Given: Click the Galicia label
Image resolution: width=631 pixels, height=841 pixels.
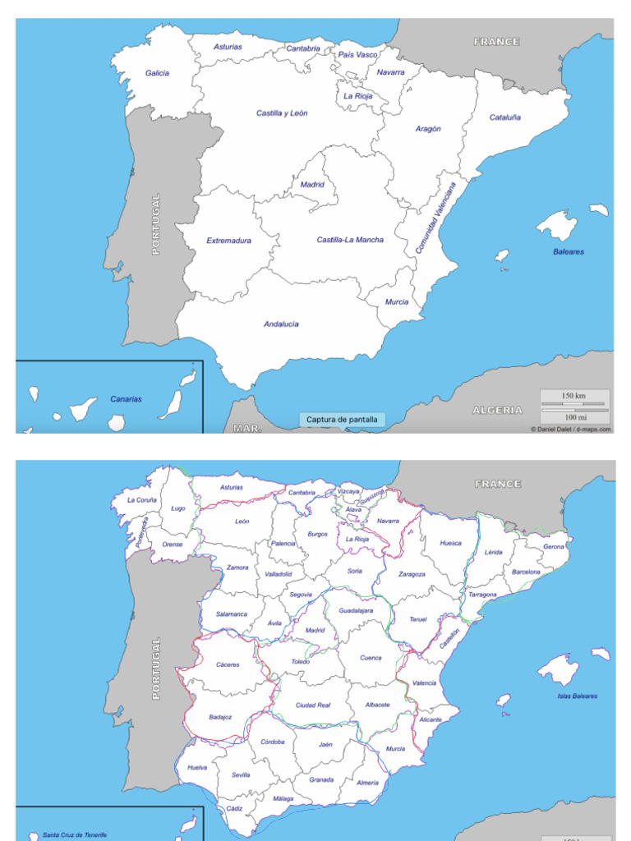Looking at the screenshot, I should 157,73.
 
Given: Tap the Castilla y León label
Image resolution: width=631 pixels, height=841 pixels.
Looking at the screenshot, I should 282,113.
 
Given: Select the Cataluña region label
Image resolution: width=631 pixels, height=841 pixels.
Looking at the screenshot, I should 505,117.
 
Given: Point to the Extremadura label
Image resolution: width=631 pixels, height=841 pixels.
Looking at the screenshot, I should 228,241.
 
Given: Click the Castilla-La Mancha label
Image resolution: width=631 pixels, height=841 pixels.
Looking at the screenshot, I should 350,240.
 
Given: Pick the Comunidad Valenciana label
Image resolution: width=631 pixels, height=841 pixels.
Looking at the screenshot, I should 435,218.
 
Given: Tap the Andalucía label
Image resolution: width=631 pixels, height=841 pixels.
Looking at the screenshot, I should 281,324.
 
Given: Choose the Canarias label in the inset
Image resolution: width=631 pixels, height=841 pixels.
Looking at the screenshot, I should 126,399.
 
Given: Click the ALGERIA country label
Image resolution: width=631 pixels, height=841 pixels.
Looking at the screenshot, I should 497,409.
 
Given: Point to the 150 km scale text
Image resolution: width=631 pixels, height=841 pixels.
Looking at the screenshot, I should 573,396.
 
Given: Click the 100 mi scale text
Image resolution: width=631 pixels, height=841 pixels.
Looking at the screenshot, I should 575,416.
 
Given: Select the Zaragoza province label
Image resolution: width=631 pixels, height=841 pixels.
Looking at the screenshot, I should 412,574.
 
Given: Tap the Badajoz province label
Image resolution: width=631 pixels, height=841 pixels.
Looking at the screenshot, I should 220,717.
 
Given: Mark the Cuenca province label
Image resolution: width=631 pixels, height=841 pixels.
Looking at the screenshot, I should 371,658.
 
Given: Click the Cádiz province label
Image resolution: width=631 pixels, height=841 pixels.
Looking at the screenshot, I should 235,809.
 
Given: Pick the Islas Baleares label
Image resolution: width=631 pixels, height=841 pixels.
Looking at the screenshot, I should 577,696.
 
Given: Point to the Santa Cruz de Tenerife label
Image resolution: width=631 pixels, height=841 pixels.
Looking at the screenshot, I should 75,834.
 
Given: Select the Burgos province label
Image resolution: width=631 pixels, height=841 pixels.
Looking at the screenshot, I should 317,534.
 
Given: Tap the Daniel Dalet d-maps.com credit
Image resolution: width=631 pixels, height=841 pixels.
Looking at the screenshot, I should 570,429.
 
